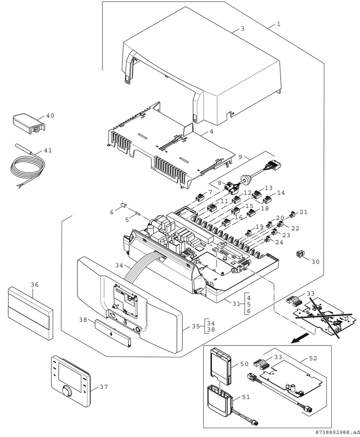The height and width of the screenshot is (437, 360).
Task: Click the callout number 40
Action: point(50,116)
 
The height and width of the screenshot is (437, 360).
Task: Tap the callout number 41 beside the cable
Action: point(48,151)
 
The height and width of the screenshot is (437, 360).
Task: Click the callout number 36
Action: point(35,284)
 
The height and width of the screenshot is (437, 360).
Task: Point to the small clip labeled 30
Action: point(300,254)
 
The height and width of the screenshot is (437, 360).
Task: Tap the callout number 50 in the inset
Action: point(244,364)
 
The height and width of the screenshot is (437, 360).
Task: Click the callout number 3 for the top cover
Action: point(242,29)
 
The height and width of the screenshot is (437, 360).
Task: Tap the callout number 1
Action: point(279,24)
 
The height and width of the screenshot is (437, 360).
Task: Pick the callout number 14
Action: point(281,193)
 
